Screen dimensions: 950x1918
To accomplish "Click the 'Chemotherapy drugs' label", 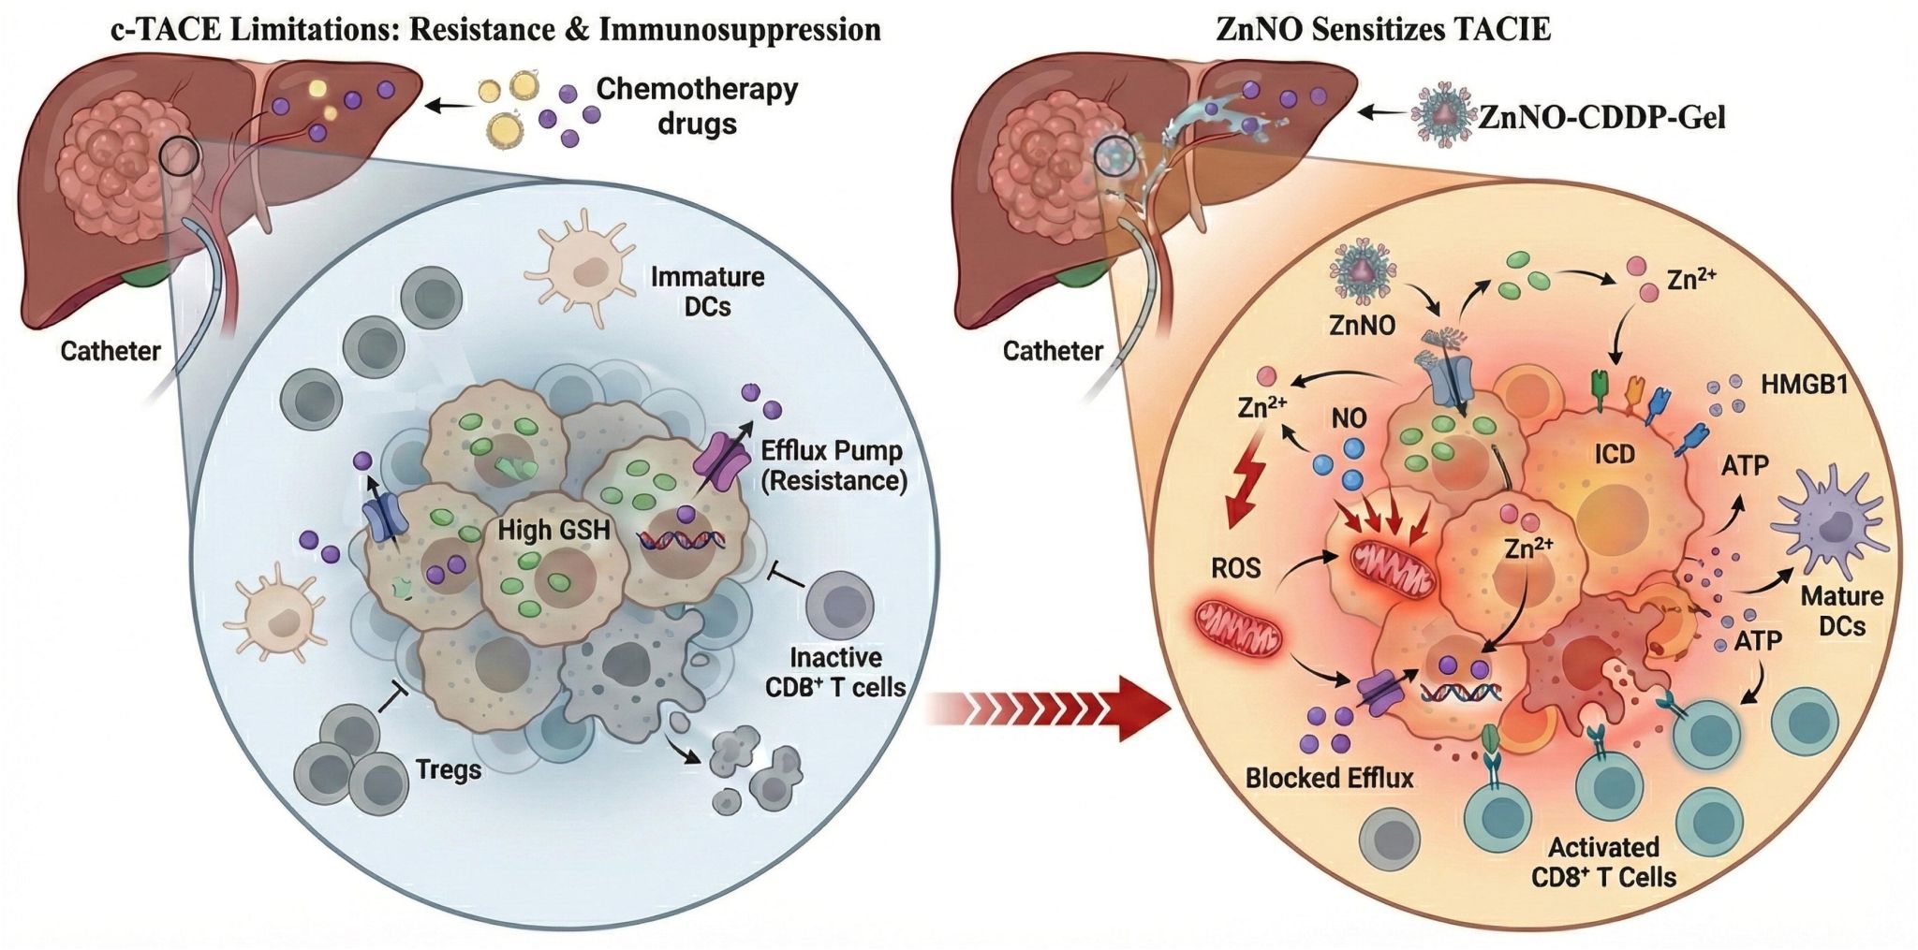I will [697, 106].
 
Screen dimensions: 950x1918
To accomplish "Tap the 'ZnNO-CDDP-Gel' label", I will [1601, 117].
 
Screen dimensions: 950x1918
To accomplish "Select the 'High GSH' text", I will [553, 531].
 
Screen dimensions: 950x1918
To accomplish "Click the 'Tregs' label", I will [449, 770].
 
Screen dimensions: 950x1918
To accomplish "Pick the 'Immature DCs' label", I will [707, 291].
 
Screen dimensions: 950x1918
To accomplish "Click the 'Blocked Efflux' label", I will [1329, 778].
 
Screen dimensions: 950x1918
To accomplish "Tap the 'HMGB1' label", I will [1804, 384].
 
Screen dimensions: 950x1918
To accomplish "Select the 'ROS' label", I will [1235, 568].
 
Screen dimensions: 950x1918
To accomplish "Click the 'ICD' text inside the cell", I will [1615, 455].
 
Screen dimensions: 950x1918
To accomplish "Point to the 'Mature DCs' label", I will [1842, 610].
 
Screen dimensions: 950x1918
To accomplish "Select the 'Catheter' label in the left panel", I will [111, 351].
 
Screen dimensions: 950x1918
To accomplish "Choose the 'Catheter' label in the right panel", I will [1053, 351].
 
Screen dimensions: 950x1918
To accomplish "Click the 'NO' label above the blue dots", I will [1349, 418].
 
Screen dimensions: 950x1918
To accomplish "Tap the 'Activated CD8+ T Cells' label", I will [1603, 862].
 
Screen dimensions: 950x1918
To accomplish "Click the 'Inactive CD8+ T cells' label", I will [835, 672].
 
